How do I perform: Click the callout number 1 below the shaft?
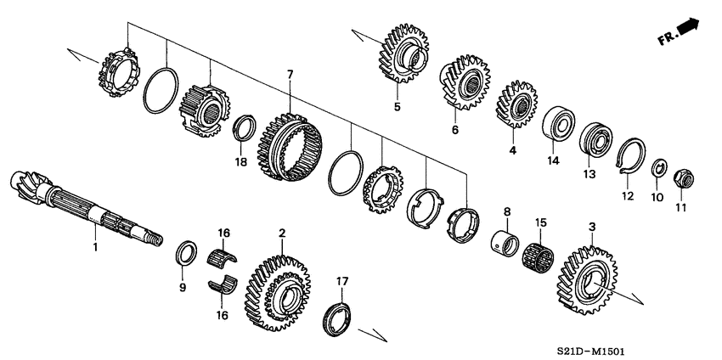coord(95,248)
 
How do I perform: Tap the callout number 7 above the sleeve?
coord(290,75)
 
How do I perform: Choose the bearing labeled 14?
coord(556,121)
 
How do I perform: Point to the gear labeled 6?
coord(463,82)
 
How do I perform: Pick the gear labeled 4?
coord(514,103)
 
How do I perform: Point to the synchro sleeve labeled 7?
coord(291,147)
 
